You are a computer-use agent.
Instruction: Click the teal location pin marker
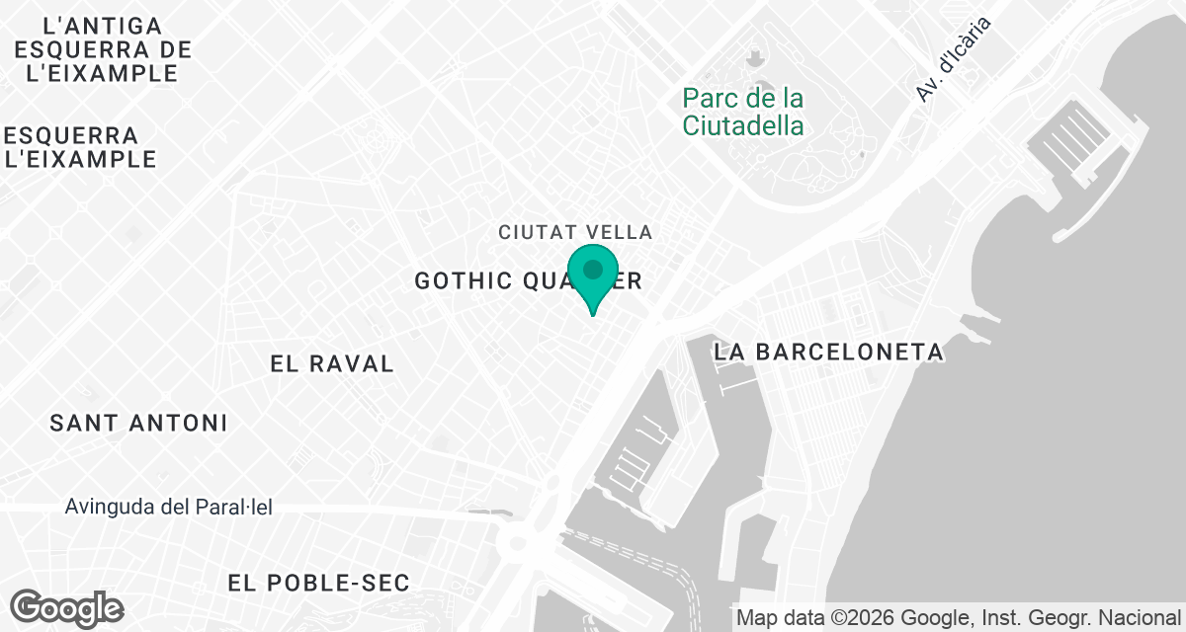[593, 272]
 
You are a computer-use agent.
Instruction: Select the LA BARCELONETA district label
[828, 352]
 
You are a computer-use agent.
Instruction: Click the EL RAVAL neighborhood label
[332, 364]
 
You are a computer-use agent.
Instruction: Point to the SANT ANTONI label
[139, 424]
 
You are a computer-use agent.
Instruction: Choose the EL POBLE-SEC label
[318, 584]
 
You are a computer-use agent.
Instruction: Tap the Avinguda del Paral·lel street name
[169, 508]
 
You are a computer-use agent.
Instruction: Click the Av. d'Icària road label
[953, 63]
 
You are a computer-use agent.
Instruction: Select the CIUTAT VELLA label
[575, 233]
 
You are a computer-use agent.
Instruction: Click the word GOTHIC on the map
[463, 281]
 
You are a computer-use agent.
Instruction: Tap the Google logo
[68, 607]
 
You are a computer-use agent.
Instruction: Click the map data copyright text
[959, 618]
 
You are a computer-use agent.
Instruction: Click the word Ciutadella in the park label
[743, 126]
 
